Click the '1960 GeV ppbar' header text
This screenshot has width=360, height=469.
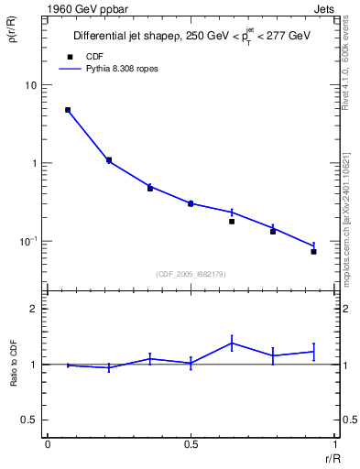(84, 7)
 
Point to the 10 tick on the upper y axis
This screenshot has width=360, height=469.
(32, 85)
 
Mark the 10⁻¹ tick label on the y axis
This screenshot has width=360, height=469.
(30, 240)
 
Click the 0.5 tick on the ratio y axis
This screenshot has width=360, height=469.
(30, 420)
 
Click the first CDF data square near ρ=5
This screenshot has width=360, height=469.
(68, 110)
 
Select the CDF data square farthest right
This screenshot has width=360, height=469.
(313, 251)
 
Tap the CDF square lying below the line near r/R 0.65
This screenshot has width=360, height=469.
(232, 222)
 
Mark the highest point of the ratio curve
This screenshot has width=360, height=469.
(232, 343)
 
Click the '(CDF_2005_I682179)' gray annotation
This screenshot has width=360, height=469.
(191, 274)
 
